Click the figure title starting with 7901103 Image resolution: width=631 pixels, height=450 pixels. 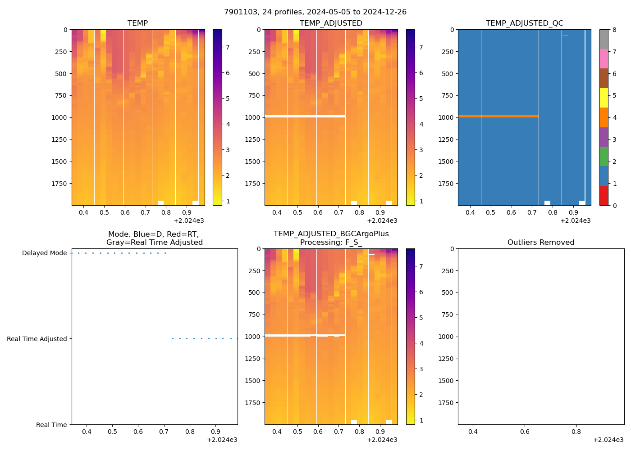coord(315,12)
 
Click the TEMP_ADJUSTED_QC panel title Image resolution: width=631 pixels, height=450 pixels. coord(524,23)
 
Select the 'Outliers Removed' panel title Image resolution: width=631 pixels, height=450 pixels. coord(540,243)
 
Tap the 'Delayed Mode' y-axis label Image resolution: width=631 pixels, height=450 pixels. coord(44,253)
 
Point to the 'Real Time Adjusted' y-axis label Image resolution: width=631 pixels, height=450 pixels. coord(37,339)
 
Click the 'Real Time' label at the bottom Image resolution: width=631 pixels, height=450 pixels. coord(51,425)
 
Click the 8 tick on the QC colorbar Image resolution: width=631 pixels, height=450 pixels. coord(614,30)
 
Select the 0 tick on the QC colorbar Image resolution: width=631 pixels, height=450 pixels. coord(614,206)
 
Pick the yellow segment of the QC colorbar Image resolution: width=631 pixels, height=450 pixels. coord(604,98)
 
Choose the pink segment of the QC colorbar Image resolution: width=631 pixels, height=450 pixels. coord(604,59)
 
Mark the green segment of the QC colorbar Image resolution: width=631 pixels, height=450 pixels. coord(604,157)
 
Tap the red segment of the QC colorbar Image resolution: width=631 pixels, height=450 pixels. coord(604,196)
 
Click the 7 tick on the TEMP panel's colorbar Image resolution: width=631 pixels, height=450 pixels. coord(228,47)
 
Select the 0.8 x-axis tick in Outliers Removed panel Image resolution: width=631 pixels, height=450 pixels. coord(576,432)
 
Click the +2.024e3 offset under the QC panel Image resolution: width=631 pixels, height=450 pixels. coord(575,221)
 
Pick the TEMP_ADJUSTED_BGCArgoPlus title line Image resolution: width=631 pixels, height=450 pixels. coord(331,234)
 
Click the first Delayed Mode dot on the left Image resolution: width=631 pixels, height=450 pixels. coord(78,253)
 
